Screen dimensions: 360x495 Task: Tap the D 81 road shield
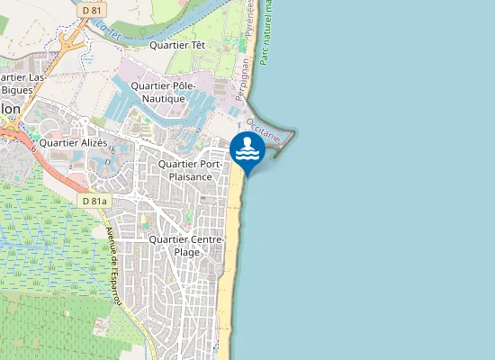90,9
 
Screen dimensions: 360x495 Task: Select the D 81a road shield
94,202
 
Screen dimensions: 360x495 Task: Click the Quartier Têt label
177,44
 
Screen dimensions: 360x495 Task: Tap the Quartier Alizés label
74,142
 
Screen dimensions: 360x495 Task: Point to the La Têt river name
108,30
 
